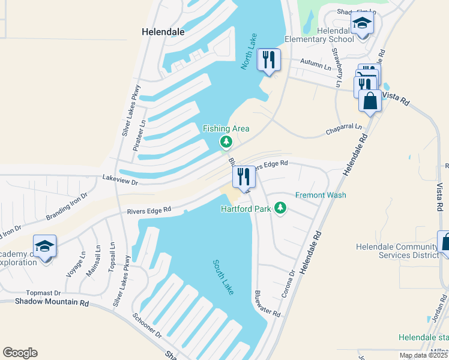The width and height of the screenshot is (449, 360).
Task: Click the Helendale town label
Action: [163, 31]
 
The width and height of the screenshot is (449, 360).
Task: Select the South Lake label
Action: [223, 277]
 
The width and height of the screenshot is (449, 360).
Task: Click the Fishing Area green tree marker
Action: [226, 142]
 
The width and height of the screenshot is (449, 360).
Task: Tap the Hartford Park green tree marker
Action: [279, 208]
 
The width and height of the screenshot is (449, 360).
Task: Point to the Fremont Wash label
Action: [321, 195]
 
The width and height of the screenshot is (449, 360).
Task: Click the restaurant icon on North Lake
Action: [268, 59]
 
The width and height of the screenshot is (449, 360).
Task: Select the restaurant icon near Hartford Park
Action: [244, 176]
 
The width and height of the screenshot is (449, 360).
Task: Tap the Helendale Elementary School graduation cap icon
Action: [362, 24]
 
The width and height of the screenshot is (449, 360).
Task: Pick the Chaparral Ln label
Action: [344, 127]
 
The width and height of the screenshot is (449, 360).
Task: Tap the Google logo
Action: [20, 353]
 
